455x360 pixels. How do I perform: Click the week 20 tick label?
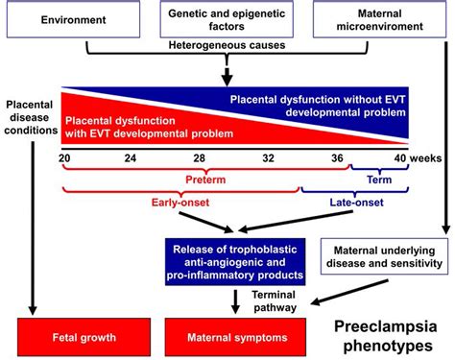[65, 156]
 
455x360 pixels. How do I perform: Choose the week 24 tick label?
[131, 156]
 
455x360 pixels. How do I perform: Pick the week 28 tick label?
[198, 156]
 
